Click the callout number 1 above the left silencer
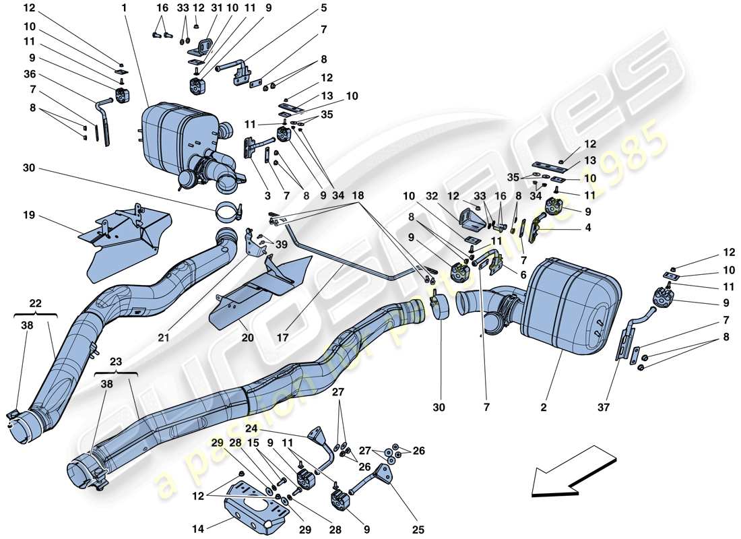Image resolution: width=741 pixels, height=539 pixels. click(124, 8)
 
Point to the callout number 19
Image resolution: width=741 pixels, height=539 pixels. click(28, 217)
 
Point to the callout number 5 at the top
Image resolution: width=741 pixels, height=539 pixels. click(323, 8)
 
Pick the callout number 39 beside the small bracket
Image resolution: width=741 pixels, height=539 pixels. click(280, 244)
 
